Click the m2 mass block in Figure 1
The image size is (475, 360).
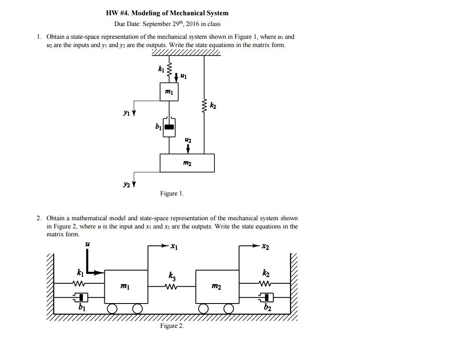(187, 163)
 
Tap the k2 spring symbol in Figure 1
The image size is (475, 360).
(204, 106)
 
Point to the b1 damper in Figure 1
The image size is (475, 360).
(169, 127)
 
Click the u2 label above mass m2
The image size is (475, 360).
(188, 141)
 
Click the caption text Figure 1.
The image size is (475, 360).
(172, 193)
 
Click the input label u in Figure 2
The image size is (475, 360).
(87, 244)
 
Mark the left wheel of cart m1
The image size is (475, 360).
(112, 308)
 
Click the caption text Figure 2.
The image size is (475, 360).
(172, 326)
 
